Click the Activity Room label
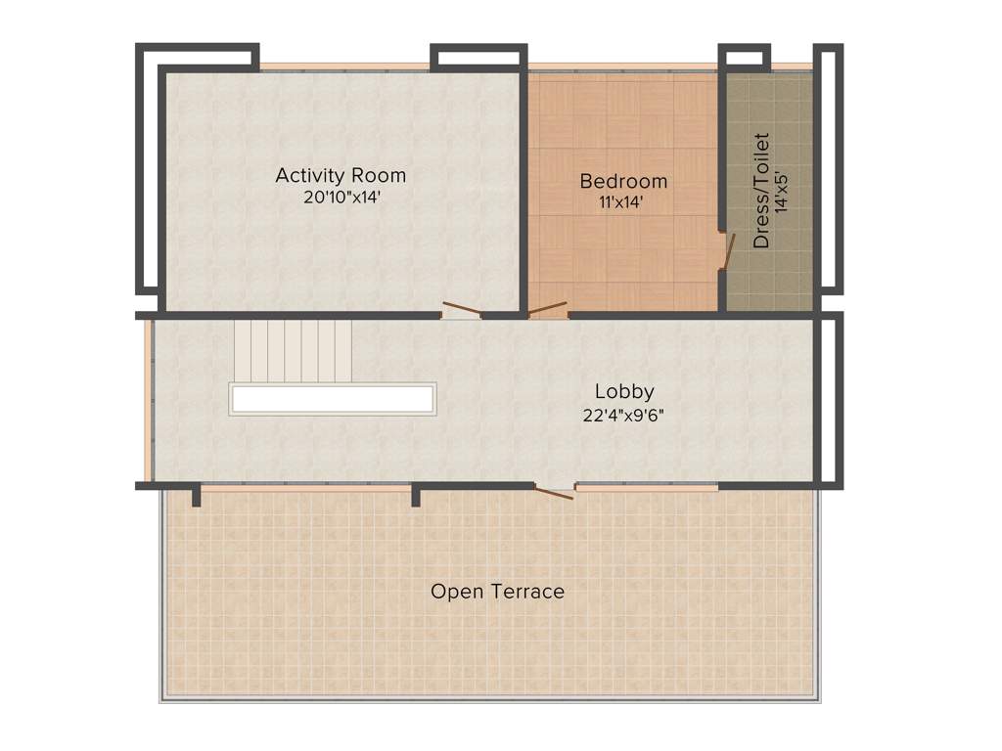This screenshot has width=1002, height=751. click(x=340, y=176)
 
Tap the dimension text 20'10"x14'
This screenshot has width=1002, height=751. click(x=340, y=197)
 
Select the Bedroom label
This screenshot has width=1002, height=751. click(x=623, y=181)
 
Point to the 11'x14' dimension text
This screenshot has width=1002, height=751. click(x=623, y=202)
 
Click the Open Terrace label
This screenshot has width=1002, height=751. click(x=497, y=592)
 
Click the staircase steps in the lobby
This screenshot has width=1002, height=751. click(x=293, y=351)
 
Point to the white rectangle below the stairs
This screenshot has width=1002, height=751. click(x=333, y=399)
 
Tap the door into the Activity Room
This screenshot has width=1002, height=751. click(x=460, y=312)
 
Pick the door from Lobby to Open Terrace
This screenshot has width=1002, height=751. click(x=555, y=491)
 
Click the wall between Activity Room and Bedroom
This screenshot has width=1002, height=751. click(x=524, y=186)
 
